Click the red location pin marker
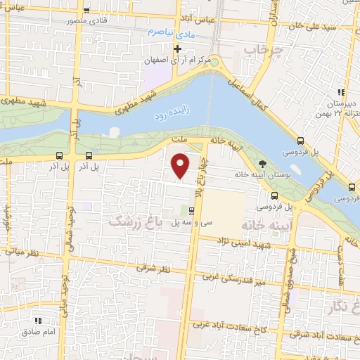pyautogui.click(x=181, y=166)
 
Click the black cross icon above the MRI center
pyautogui.click(x=178, y=49)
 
